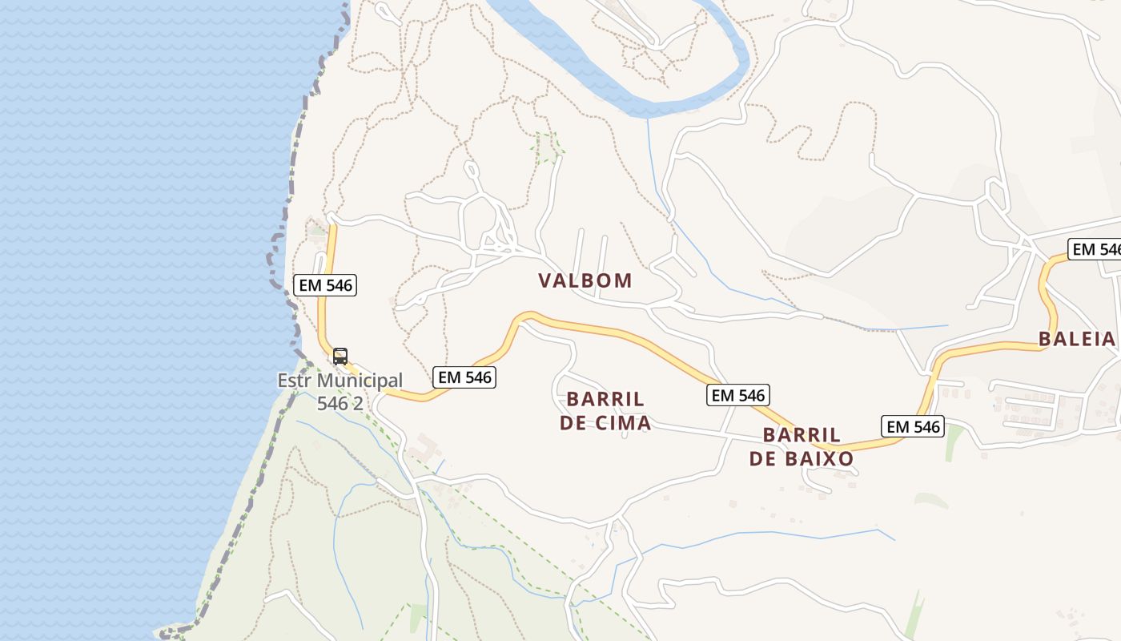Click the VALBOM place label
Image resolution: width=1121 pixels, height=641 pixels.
point(585,280)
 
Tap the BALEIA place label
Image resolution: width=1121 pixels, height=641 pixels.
point(1077,339)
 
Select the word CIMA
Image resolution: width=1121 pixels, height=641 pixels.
point(622,423)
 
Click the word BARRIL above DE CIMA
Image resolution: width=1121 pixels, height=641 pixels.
point(605,399)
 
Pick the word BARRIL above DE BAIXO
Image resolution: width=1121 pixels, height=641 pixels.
point(802,435)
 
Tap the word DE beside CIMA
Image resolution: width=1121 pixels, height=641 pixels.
point(573,423)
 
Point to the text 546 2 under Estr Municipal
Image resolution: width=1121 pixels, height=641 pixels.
point(340,403)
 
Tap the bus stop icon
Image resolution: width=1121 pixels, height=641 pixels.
point(340,357)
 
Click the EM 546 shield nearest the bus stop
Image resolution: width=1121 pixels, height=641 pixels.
point(325,284)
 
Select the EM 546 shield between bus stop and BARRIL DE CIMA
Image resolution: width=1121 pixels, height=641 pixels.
point(464,377)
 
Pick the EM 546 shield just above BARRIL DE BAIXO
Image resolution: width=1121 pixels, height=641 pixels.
point(738,394)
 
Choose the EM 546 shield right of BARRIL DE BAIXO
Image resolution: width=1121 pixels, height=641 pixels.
point(913,426)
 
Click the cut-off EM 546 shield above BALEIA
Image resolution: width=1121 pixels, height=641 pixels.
point(1095,249)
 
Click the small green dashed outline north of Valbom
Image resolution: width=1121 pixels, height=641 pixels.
point(548,147)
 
